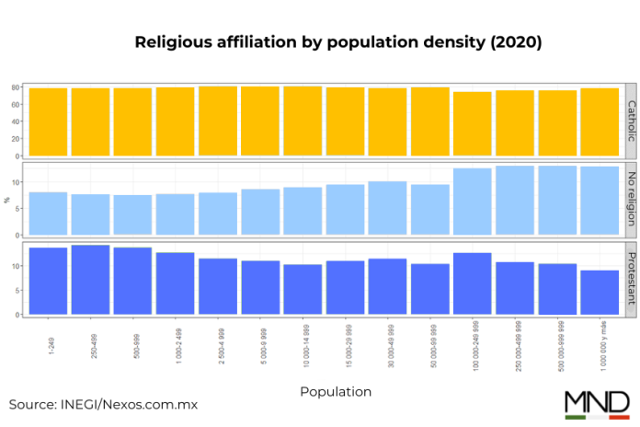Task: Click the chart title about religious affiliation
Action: tap(338, 42)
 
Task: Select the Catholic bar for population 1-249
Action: tap(48, 121)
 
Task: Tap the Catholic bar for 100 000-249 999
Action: tap(472, 123)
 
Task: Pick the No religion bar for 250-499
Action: tap(90, 216)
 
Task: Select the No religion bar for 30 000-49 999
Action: tap(387, 210)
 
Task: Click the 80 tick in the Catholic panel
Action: tap(16, 87)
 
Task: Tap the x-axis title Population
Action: tap(336, 391)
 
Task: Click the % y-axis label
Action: tap(6, 200)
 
